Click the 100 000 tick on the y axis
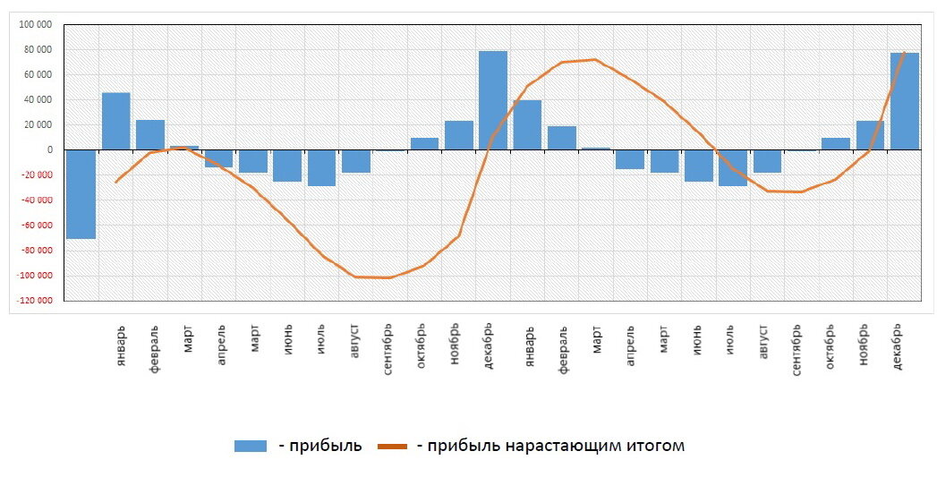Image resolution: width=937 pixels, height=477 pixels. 37,24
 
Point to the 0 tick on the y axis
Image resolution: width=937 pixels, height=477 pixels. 51,149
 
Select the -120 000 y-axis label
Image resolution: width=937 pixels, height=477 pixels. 35,301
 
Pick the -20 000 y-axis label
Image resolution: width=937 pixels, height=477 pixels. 37,175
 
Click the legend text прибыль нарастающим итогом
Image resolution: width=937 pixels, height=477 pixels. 551,446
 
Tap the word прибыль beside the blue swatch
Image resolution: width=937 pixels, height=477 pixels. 319,446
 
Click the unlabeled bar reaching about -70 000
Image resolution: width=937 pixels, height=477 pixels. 81,194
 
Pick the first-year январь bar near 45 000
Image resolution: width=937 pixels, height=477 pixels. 116,121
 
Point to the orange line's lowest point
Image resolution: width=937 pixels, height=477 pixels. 388,277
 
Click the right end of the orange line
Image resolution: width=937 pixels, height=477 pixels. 905,53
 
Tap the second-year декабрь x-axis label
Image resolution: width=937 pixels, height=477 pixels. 898,344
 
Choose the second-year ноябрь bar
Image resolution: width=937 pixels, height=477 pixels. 870,135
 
